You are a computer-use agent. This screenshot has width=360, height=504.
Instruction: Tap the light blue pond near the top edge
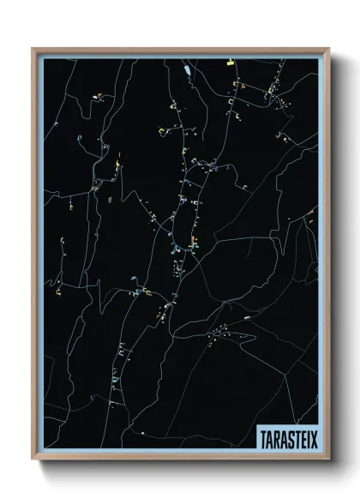coord(186,67)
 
